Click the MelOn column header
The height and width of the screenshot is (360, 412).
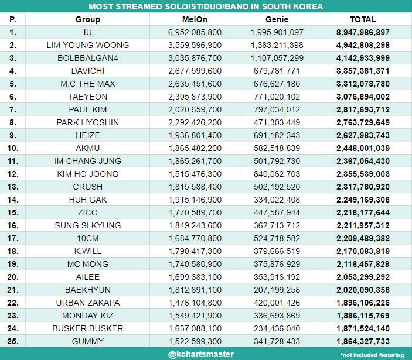195,19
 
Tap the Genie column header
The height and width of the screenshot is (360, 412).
277,19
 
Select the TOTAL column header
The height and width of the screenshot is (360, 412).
363,19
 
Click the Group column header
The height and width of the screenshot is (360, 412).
87,20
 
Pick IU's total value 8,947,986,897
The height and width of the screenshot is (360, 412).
363,32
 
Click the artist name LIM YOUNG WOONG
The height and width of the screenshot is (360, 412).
88,45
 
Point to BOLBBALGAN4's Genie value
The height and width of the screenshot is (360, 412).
277,58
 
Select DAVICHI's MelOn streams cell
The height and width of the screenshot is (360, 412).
195,71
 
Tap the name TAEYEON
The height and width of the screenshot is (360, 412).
88,97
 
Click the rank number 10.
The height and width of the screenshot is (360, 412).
13,148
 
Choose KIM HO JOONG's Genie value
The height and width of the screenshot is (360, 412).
277,174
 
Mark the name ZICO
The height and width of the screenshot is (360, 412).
88,212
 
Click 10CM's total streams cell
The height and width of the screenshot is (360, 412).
363,238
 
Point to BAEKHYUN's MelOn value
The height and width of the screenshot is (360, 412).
195,290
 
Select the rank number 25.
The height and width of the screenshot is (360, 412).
13,341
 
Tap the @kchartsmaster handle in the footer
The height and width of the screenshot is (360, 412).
201,354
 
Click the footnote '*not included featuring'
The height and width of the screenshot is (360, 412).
372,355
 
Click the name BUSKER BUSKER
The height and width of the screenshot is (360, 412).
88,328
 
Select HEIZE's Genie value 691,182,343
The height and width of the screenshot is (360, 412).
277,135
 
